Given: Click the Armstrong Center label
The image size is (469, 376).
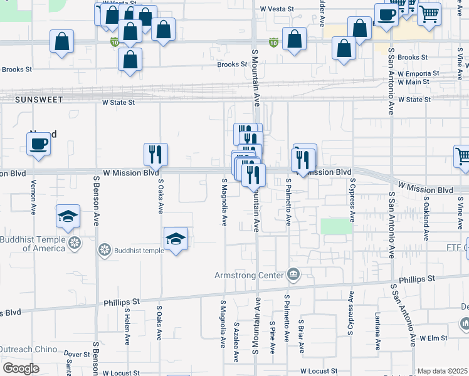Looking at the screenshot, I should [x=250, y=274].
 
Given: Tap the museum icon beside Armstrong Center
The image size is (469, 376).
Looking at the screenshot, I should [x=293, y=274].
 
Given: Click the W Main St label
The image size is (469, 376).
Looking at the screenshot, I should [x=419, y=81].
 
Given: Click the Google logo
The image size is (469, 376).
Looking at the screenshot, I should [x=21, y=368].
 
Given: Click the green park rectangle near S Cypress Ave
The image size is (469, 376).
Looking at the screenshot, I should [x=337, y=226].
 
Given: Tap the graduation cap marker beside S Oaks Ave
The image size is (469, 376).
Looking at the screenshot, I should [x=176, y=238].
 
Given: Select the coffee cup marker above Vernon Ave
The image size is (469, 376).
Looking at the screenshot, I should [x=38, y=144].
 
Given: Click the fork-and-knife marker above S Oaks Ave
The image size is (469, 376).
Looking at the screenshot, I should [x=155, y=154].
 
